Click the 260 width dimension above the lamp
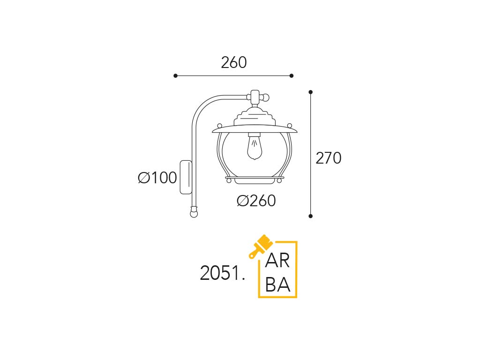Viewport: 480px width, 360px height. (233, 63)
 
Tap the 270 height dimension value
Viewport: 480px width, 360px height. (328, 158)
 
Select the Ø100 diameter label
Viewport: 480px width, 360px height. (157, 178)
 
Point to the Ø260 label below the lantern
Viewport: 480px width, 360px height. (256, 201)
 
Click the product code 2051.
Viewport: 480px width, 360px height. (223, 273)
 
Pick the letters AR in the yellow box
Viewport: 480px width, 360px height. (277, 261)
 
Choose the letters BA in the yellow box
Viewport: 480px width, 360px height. (277, 285)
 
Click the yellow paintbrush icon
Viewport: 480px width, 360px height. (260, 246)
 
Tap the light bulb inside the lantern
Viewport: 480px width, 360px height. (255, 147)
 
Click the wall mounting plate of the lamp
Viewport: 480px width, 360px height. (186, 177)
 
